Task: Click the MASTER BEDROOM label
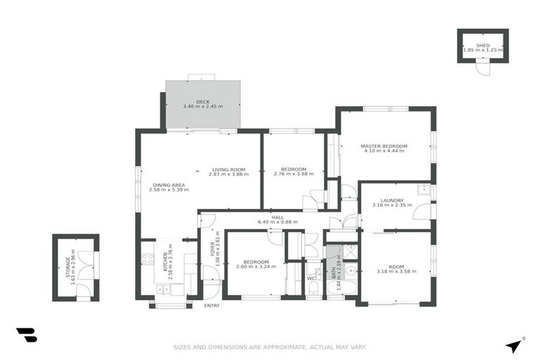click(384, 146)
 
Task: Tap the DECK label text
click(202, 102)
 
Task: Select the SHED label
click(482, 45)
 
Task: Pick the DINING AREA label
click(166, 185)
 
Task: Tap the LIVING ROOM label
click(229, 169)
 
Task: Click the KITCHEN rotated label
click(166, 262)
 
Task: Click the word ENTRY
click(212, 306)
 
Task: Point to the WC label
click(310, 278)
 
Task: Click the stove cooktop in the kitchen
click(148, 258)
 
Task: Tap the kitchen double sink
click(163, 289)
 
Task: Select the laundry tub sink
click(423, 189)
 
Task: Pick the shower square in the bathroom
click(350, 251)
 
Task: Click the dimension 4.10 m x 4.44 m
click(384, 151)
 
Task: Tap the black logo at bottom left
click(27, 335)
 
